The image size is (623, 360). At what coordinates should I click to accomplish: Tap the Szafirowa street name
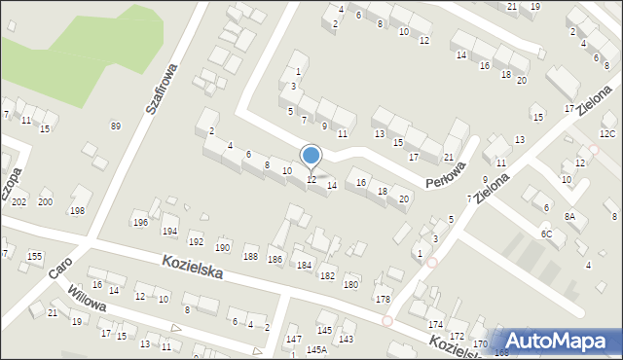[x=163, y=90]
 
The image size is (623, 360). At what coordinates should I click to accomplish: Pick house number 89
[x=116, y=126]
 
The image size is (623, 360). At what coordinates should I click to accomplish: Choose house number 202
[x=18, y=201]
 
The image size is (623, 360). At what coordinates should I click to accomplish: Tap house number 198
[x=77, y=211]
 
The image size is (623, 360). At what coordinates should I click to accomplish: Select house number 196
[x=140, y=223]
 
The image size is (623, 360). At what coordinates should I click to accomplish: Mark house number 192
[x=196, y=241]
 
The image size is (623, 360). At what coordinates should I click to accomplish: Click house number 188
[x=250, y=256]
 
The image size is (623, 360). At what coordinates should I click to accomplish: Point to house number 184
[x=304, y=265]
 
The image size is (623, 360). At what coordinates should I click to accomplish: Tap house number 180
[x=350, y=284]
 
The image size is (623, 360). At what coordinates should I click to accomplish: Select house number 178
[x=383, y=300]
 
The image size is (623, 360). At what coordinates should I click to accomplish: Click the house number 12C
[x=607, y=133]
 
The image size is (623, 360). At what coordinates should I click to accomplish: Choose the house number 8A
[x=570, y=216]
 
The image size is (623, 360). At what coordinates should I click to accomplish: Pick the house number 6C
[x=547, y=234]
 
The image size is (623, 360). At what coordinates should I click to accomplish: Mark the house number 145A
[x=316, y=349]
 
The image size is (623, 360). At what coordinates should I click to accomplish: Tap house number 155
[x=35, y=256]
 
